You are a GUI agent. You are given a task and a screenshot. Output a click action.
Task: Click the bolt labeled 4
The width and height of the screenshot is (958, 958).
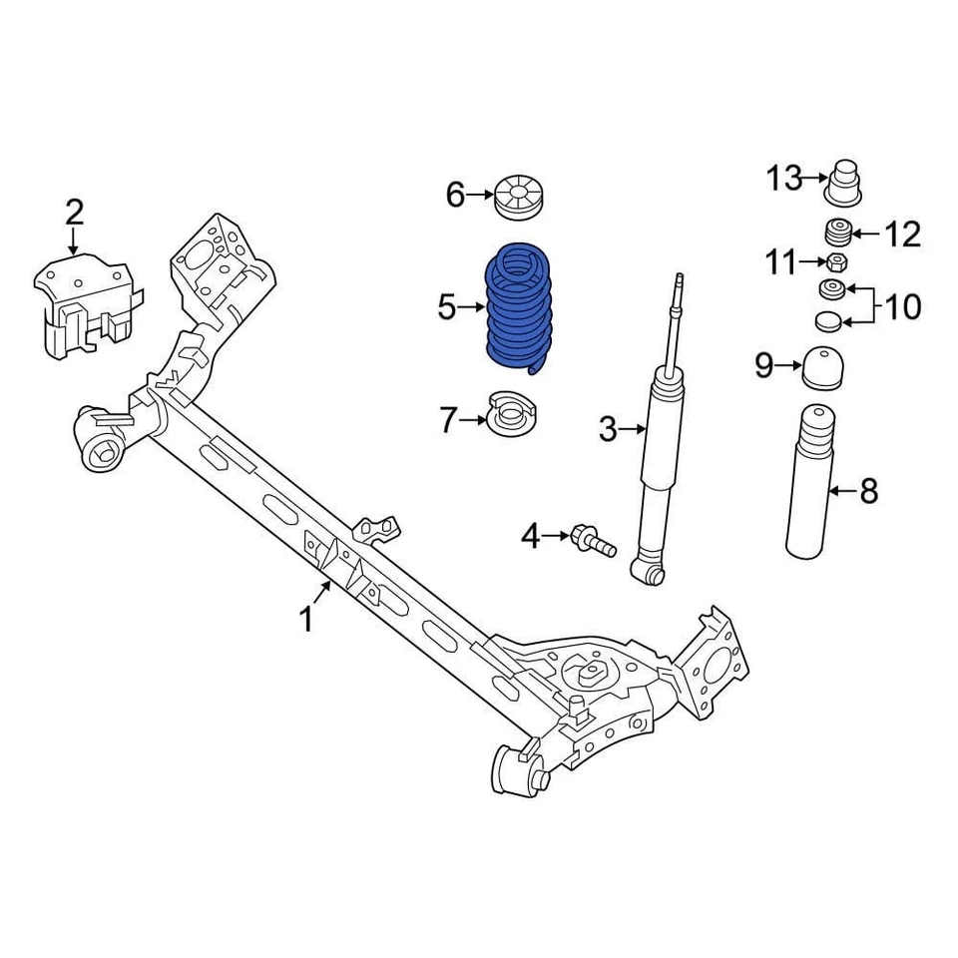(x=590, y=541)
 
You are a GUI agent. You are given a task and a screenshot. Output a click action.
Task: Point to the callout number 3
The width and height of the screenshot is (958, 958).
(x=608, y=430)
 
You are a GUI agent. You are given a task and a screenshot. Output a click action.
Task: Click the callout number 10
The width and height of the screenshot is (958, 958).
(x=902, y=306)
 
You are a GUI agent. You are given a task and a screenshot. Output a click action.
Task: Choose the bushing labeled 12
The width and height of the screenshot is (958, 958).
(x=838, y=234)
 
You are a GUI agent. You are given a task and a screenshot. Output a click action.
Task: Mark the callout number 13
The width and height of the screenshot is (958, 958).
(x=783, y=179)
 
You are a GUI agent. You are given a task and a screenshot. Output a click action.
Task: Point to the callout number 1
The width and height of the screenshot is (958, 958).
(x=306, y=620)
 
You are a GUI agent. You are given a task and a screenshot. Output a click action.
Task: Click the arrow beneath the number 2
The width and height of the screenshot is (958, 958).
(x=74, y=239)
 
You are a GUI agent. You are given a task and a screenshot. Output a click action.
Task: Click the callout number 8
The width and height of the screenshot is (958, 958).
(x=869, y=490)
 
